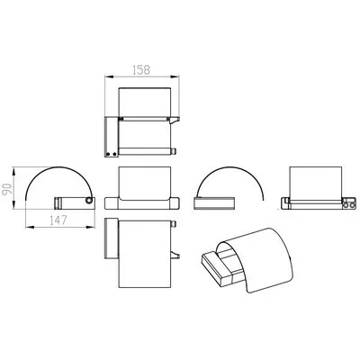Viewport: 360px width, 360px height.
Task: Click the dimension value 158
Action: (x=141, y=69)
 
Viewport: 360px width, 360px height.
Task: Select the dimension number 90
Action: (x=7, y=189)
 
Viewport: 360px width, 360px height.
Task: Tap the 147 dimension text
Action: (x=58, y=220)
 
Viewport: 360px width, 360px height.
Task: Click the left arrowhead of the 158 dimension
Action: (x=108, y=77)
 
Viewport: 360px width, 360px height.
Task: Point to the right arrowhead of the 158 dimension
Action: (x=175, y=77)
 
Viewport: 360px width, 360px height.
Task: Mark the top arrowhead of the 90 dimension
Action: (x=13, y=172)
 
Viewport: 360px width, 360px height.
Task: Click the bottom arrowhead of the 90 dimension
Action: (x=13, y=205)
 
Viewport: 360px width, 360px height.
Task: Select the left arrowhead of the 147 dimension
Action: (x=30, y=227)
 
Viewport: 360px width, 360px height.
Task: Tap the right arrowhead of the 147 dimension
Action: (x=91, y=227)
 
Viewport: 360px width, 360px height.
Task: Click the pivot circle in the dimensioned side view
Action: (x=89, y=201)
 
